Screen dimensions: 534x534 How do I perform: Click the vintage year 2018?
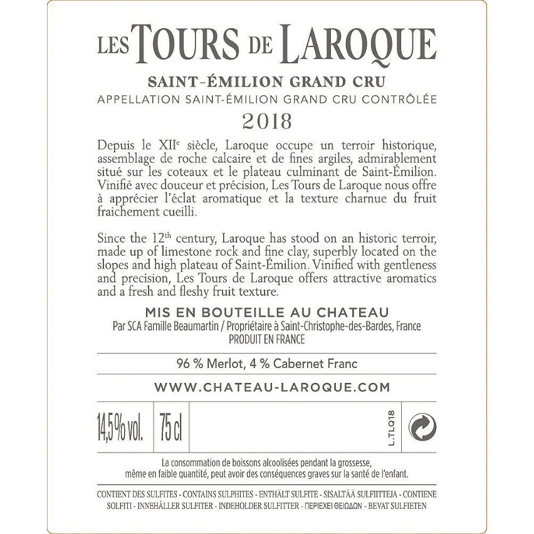tap(266, 120)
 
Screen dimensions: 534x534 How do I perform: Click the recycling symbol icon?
tap(422, 428)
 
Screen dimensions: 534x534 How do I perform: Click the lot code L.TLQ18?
tap(392, 428)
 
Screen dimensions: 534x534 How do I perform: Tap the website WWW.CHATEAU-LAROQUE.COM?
tap(272, 387)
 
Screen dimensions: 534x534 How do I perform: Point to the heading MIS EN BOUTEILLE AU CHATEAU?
tap(267, 312)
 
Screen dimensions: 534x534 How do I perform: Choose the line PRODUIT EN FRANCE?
tap(267, 339)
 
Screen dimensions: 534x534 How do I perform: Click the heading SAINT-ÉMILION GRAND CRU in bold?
tap(267, 81)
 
